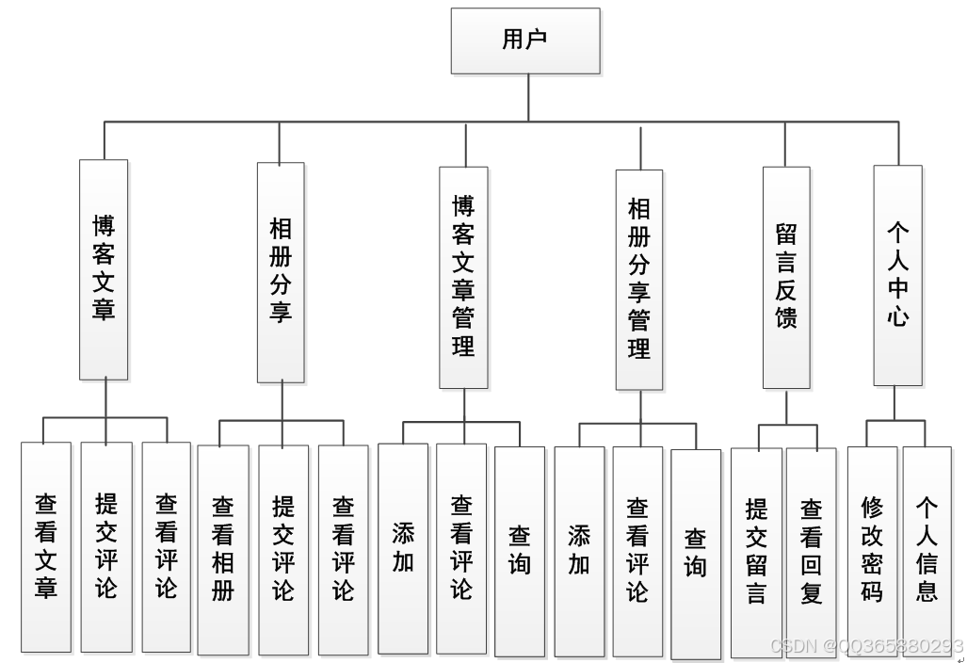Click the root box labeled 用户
525,40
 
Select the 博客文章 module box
104,269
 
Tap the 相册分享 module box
281,271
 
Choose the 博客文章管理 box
463,277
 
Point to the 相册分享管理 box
639,279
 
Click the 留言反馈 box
786,277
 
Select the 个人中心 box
897,275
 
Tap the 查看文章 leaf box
46,546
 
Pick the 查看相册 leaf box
223,549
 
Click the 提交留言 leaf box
756,551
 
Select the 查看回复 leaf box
811,551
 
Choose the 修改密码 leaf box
872,551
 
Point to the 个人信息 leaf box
927,551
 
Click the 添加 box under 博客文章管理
403,548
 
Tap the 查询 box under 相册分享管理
696,554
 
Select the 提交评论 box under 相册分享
283,549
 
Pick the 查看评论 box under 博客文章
166,546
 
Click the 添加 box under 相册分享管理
579,551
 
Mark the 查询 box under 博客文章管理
520,550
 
